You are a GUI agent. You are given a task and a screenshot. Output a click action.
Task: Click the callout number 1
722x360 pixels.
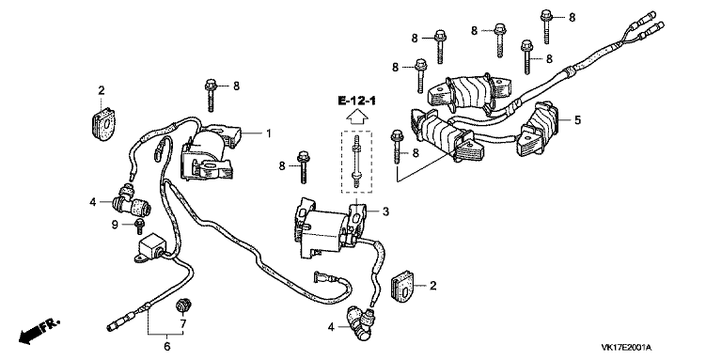[269, 133]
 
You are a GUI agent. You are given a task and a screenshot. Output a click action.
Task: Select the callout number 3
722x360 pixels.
[385, 211]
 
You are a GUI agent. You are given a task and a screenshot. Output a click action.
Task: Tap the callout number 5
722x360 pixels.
[577, 120]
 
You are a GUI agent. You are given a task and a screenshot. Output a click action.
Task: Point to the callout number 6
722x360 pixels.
[167, 346]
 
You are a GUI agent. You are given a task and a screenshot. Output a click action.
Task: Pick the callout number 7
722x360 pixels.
[182, 324]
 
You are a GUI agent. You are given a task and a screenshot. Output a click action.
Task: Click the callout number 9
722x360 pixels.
[115, 225]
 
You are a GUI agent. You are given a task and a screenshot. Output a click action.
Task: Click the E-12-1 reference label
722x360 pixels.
[357, 101]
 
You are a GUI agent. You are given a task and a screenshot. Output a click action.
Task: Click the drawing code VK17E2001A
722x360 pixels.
[627, 348]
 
